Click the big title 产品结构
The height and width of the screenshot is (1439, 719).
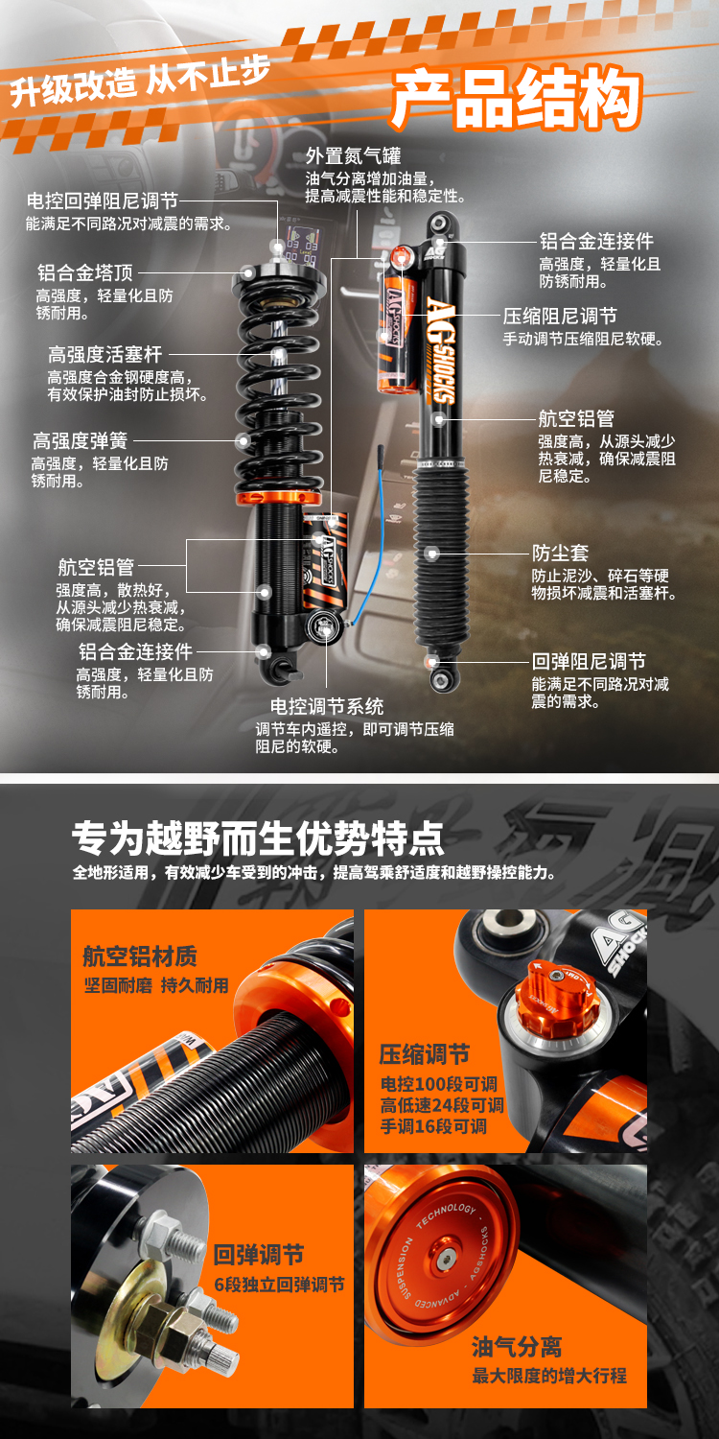[518, 98]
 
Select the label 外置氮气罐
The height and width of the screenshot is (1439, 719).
[353, 155]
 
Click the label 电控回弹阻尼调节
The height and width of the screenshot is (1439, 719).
[102, 201]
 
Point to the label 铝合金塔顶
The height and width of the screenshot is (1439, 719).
[84, 272]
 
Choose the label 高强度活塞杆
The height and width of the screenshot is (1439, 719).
[105, 354]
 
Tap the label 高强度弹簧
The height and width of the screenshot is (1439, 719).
[81, 440]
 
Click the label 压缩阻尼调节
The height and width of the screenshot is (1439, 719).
[560, 316]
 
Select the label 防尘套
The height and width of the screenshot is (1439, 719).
[560, 553]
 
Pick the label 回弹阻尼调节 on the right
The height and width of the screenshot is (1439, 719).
[589, 661]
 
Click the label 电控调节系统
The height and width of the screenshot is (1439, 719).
[327, 707]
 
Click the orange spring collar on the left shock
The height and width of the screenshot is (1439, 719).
[279, 497]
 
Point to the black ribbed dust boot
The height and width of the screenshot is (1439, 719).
[440, 556]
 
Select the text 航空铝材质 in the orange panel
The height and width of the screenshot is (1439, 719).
[140, 956]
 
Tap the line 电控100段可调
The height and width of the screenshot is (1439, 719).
[439, 1084]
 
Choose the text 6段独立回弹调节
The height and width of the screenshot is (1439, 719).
[279, 1285]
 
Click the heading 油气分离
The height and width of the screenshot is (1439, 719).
[517, 1347]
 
